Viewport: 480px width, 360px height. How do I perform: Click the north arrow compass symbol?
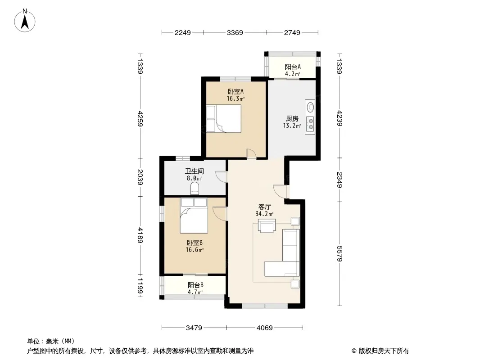25,20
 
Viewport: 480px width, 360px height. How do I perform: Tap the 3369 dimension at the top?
235,32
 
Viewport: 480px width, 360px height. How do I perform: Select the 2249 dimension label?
183,32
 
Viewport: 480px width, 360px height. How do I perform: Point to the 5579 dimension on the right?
339,253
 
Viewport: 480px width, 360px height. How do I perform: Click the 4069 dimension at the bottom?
264,328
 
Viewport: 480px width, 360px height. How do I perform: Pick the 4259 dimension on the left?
140,119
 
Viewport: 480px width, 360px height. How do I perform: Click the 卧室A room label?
235,91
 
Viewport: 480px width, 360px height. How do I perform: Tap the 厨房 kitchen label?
292,118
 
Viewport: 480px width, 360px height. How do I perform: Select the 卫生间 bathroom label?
195,171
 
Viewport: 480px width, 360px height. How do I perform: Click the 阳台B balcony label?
195,285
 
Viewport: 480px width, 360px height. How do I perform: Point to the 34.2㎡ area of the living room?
264,214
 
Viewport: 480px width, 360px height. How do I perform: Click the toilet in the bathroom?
195,188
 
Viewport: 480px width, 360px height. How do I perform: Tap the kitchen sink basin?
310,108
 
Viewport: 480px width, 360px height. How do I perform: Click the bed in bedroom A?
224,119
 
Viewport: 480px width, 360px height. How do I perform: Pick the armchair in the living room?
267,226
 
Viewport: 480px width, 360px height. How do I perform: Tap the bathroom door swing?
222,177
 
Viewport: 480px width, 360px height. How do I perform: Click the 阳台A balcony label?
293,67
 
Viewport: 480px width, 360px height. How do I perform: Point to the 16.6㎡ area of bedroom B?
195,250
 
